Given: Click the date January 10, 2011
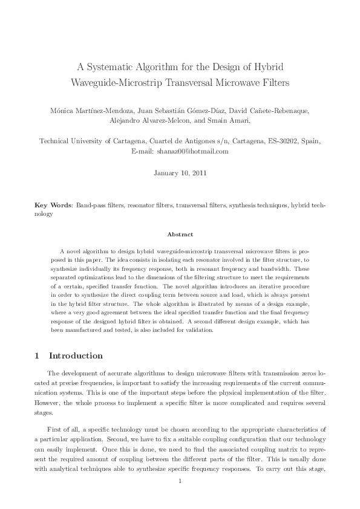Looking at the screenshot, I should coord(180,173).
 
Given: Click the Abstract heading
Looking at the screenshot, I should coord(180,234).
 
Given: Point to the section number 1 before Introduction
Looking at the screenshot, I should coord(37,355).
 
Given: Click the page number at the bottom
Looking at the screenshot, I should coord(180,481).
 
